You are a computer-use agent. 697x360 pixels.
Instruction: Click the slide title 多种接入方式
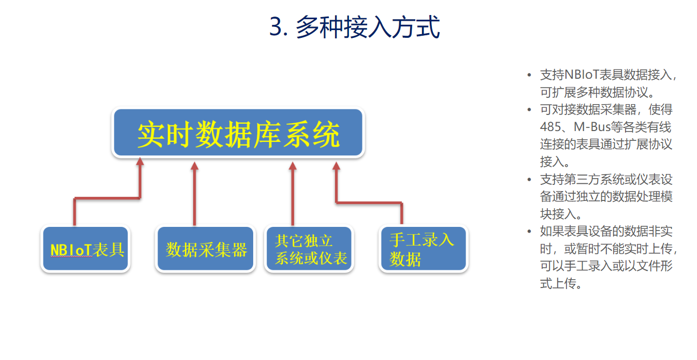pyautogui.click(x=368, y=27)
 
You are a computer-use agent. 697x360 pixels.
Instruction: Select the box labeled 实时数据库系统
pyautogui.click(x=238, y=132)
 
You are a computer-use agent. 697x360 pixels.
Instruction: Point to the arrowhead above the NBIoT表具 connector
pyautogui.click(x=140, y=161)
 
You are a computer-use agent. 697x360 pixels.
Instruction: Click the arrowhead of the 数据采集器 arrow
pyautogui.click(x=195, y=166)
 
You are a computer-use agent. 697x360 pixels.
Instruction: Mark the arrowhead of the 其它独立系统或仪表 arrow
pyautogui.click(x=293, y=166)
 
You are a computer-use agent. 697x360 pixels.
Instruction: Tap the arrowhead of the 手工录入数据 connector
pyautogui.click(x=336, y=166)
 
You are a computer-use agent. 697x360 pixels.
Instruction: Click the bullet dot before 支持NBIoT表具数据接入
pyautogui.click(x=529, y=75)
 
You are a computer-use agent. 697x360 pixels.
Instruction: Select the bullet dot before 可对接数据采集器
pyautogui.click(x=529, y=109)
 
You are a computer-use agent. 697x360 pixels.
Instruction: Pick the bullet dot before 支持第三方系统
pyautogui.click(x=529, y=179)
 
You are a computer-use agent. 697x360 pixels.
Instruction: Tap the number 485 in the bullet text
pyautogui.click(x=550, y=127)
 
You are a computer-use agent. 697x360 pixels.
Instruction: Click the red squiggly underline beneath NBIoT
pyautogui.click(x=71, y=257)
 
